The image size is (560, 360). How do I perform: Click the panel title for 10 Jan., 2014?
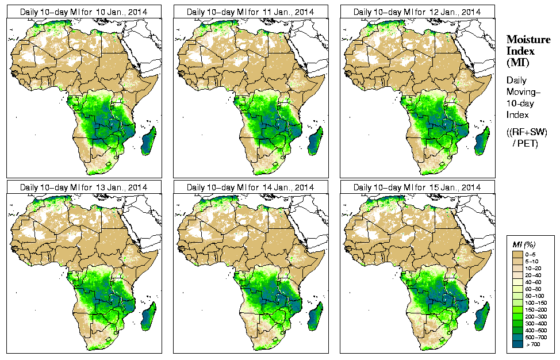83,12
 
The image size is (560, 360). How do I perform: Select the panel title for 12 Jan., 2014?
417,12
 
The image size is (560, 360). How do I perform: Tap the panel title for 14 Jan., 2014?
250,187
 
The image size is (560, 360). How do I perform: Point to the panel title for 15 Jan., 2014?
417,187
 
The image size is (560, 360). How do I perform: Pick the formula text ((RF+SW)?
527,133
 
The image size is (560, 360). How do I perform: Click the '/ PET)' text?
525,143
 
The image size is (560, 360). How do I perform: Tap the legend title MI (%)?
524,246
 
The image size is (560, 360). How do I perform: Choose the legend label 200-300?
535,316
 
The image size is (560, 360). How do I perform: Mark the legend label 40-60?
534,281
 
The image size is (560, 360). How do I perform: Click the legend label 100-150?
535,302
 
